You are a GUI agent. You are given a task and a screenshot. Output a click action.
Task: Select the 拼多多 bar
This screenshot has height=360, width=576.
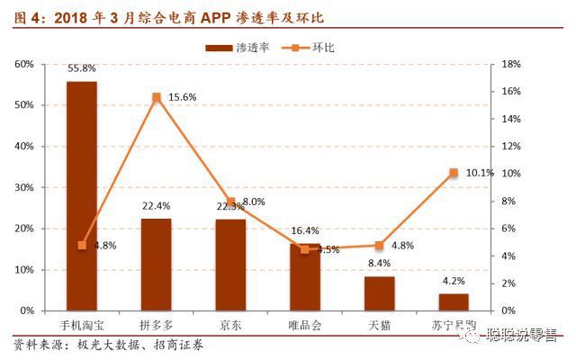tap(156, 265)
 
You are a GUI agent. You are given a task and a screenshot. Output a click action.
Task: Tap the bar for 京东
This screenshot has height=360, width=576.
tap(230, 265)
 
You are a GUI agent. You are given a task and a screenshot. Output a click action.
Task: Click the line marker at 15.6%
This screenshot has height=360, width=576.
tap(157, 97)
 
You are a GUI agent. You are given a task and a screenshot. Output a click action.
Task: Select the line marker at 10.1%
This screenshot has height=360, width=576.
tap(454, 173)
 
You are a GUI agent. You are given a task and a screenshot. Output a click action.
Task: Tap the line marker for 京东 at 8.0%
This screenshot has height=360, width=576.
tap(230, 202)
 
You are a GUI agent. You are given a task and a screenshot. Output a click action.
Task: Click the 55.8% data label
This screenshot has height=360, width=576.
tap(82, 67)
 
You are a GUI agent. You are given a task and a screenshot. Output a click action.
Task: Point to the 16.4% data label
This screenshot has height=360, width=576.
tap(305, 230)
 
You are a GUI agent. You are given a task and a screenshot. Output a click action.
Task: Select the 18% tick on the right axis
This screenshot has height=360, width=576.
tap(510, 64)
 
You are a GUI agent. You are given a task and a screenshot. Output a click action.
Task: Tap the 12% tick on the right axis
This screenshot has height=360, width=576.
tap(510, 146)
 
